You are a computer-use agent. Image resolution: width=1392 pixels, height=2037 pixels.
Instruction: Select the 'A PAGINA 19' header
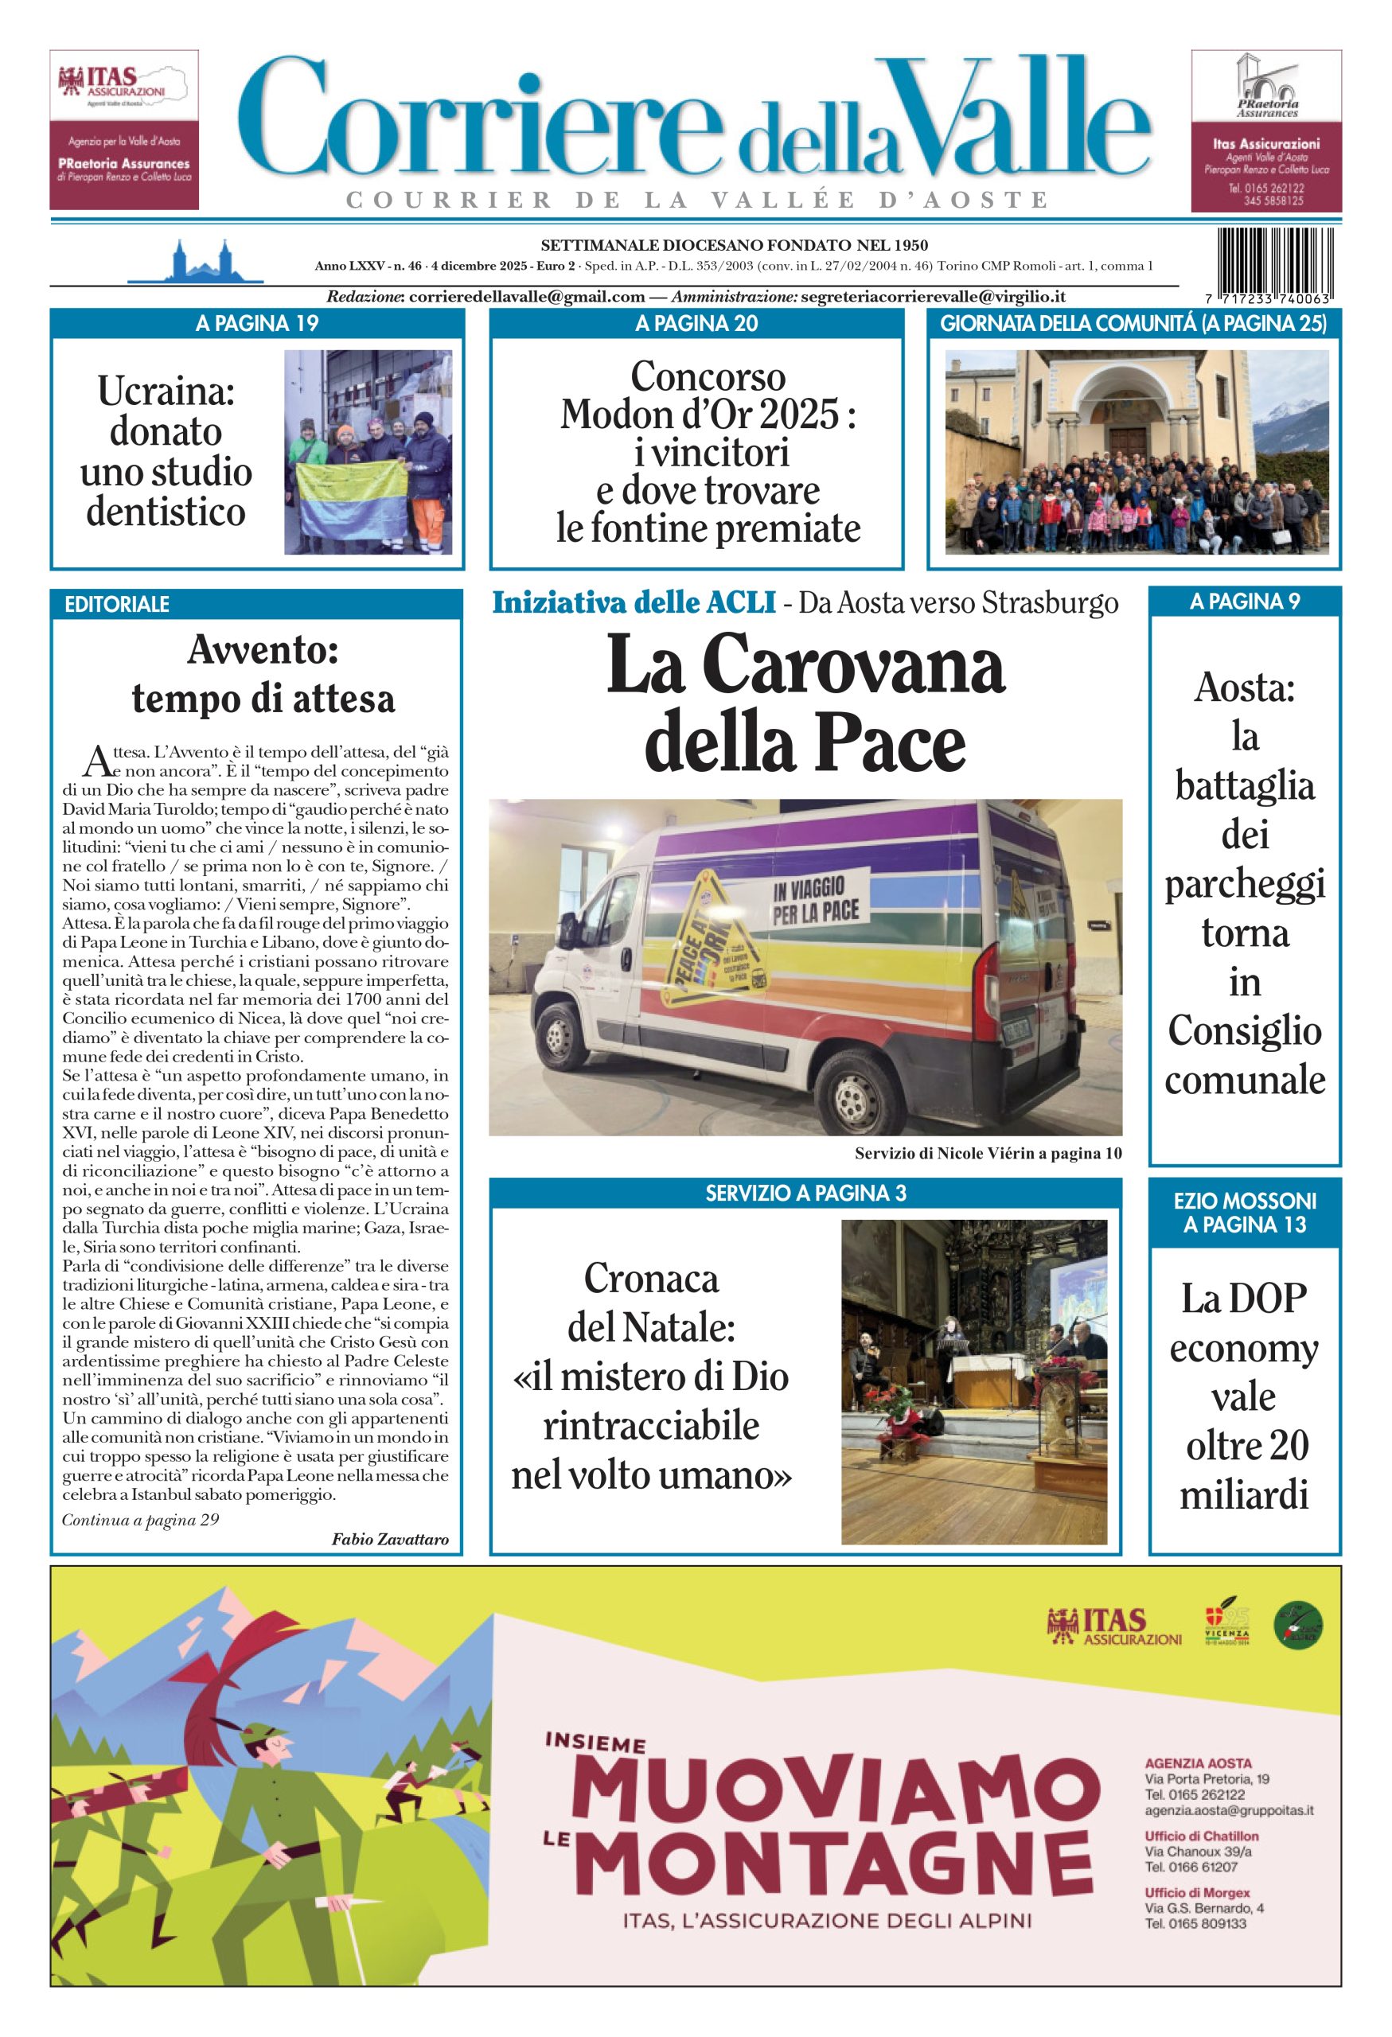[257, 323]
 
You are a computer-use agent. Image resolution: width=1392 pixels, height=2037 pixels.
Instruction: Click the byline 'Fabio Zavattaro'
[390, 1538]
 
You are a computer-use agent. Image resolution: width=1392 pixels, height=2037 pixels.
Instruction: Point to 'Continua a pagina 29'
[140, 1519]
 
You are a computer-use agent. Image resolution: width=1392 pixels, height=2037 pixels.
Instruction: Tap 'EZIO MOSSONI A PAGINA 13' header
[1245, 1212]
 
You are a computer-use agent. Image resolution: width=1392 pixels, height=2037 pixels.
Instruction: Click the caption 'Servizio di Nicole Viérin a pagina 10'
[988, 1154]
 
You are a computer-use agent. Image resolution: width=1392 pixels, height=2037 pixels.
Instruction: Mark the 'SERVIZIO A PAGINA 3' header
[805, 1193]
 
